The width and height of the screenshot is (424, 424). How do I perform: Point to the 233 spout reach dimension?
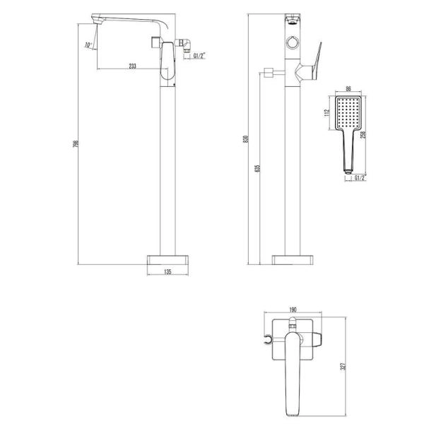[133, 66]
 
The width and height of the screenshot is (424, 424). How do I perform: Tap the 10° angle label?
[88, 45]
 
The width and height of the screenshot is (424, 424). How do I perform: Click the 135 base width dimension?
[169, 271]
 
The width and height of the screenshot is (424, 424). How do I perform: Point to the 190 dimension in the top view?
[292, 309]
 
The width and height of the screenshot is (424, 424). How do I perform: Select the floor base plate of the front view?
[292, 259]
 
